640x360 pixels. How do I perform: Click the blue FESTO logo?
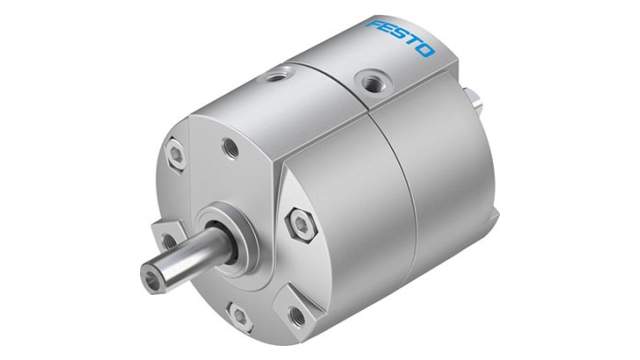(401, 36)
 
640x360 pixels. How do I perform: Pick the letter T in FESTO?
(412, 42)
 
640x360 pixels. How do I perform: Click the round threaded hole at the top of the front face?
(230, 147)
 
